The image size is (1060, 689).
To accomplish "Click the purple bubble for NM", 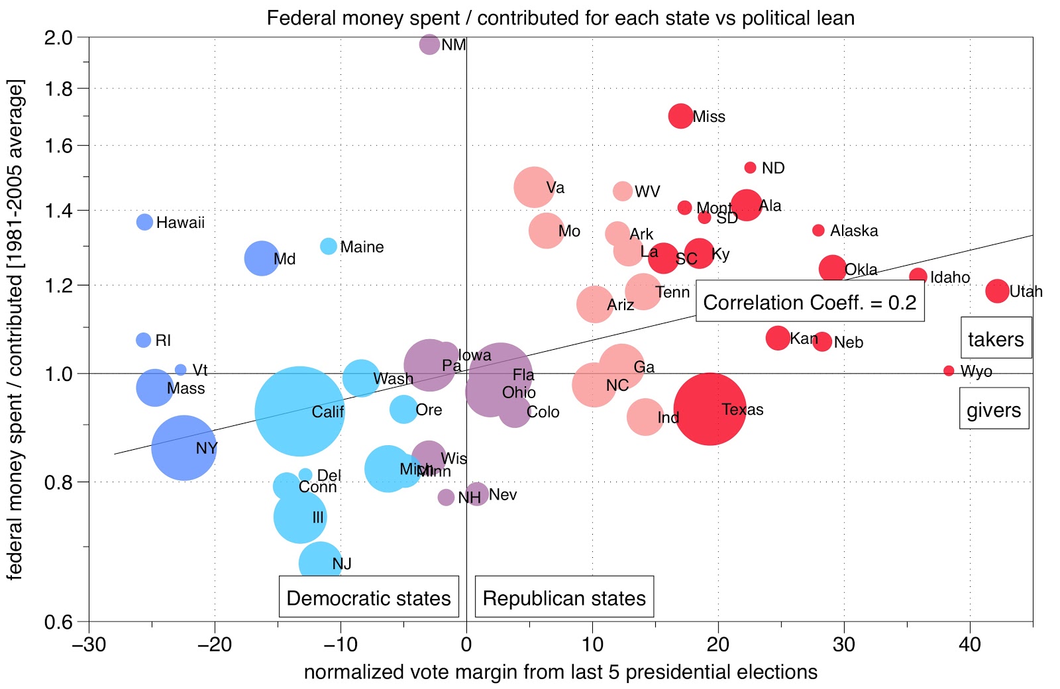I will click(429, 44).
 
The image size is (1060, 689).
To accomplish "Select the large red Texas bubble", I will click(710, 409).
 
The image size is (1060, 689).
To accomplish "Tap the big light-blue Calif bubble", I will click(299, 411).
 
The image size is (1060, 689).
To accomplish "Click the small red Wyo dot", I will click(949, 371).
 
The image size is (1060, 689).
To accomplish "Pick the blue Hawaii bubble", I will click(144, 222).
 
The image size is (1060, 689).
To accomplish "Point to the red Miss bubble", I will click(680, 116).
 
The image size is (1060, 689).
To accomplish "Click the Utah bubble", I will click(997, 290).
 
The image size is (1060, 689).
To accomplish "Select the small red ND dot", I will click(750, 168).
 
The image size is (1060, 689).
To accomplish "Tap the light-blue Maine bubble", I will click(328, 246).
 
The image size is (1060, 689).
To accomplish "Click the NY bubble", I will click(184, 448).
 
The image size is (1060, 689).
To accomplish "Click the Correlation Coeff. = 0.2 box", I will click(810, 303).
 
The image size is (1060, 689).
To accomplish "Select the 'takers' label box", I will click(996, 339).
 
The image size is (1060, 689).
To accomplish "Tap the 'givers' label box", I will click(994, 410).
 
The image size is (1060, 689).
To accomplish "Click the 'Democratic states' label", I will click(368, 598).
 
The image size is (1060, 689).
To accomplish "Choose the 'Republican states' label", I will click(564, 598).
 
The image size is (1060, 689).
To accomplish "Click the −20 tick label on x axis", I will click(215, 644).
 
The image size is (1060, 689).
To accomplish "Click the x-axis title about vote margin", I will click(560, 672).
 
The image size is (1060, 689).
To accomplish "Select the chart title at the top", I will click(560, 17).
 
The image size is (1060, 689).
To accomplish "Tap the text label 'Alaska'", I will click(854, 231).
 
